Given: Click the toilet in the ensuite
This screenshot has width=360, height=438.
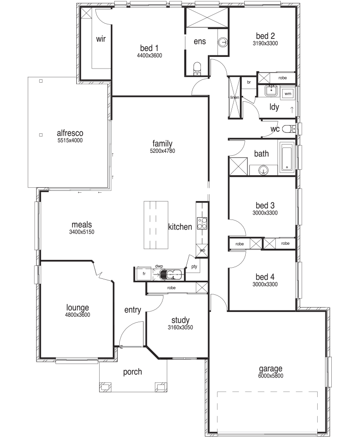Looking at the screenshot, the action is click(x=197, y=69).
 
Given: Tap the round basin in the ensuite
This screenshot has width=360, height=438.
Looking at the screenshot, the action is click(x=223, y=42).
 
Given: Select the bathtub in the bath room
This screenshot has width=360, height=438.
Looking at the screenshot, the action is click(x=287, y=157).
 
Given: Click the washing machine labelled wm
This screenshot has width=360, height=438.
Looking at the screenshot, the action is click(x=288, y=94).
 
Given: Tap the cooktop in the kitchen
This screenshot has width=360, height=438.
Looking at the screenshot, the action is click(x=202, y=223).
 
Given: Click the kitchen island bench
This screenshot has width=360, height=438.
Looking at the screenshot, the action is click(x=156, y=225).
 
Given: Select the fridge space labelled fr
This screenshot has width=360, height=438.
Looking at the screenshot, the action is click(x=144, y=274).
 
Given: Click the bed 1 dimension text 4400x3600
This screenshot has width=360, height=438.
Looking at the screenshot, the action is click(x=149, y=55).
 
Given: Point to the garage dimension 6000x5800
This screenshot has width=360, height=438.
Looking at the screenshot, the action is click(x=270, y=376).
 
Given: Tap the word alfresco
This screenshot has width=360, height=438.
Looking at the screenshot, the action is click(x=70, y=133).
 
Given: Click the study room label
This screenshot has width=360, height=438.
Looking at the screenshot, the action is click(x=180, y=320).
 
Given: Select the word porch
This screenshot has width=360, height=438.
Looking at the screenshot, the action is click(x=132, y=372).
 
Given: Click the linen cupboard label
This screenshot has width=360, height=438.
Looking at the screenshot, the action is click(x=234, y=97).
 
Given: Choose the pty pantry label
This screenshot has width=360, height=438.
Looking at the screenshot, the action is click(x=194, y=267).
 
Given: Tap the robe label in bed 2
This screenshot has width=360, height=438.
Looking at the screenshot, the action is click(x=283, y=78).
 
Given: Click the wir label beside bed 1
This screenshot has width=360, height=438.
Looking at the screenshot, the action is click(x=101, y=39).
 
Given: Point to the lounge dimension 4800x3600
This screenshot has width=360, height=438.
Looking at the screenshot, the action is click(x=78, y=315).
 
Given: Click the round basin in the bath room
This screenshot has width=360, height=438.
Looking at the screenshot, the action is click(x=263, y=170).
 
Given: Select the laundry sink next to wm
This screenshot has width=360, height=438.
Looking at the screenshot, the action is click(x=271, y=91).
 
